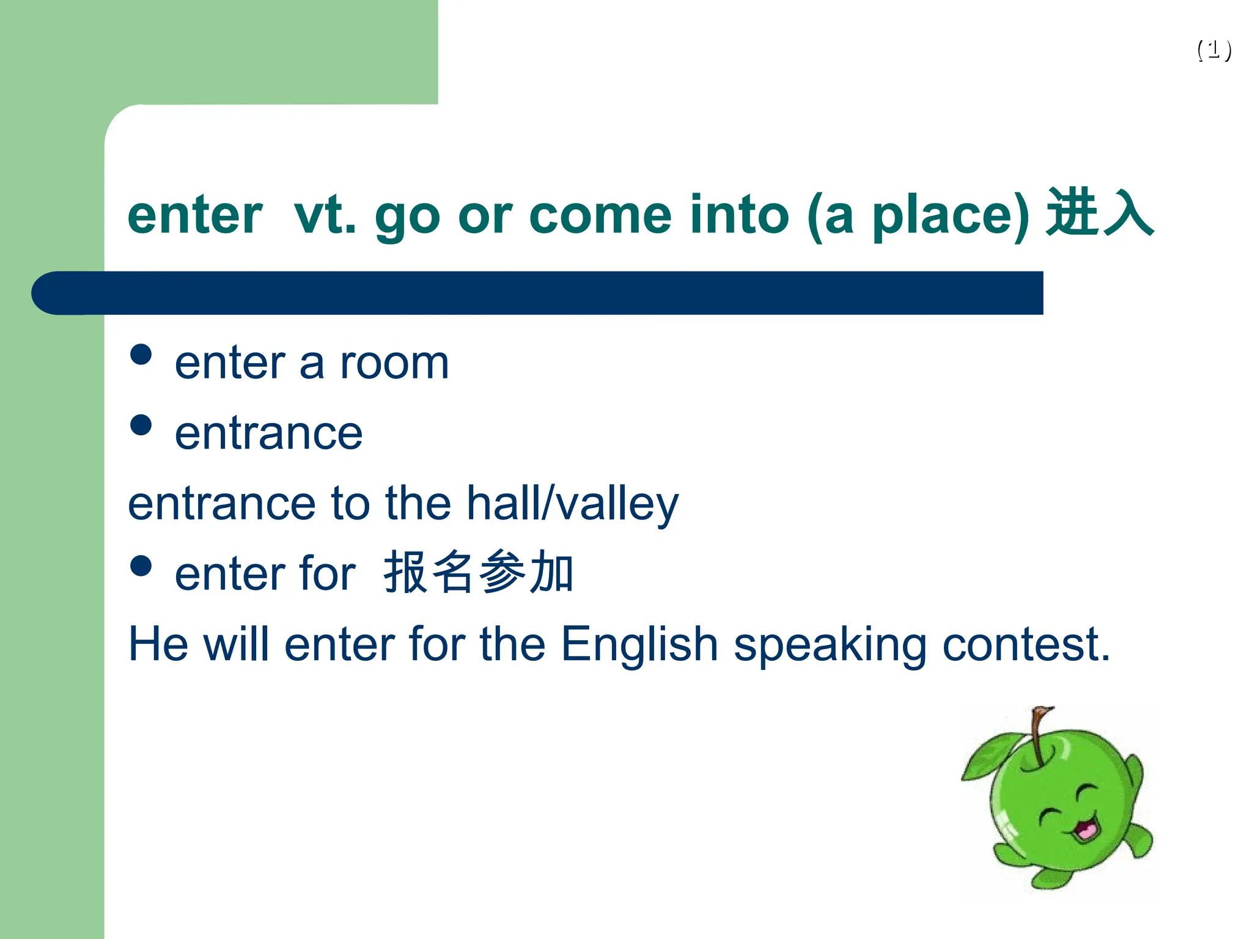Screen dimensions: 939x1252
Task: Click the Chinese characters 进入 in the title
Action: click(1099, 213)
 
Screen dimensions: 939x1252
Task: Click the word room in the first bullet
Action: click(394, 363)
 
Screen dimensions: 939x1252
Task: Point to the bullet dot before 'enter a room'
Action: click(141, 354)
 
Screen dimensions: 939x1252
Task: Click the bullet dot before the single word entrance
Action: click(141, 425)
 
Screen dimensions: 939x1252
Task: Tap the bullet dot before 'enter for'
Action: click(141, 565)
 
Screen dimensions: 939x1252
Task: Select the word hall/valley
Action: click(572, 504)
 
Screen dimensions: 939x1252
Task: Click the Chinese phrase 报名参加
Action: click(478, 572)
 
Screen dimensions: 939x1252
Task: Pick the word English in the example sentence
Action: click(639, 645)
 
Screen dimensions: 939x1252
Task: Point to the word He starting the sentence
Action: click(158, 644)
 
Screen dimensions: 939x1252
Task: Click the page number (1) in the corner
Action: click(1214, 50)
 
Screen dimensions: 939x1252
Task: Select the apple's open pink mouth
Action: click(1085, 829)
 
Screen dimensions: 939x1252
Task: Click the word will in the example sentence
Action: click(235, 644)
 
